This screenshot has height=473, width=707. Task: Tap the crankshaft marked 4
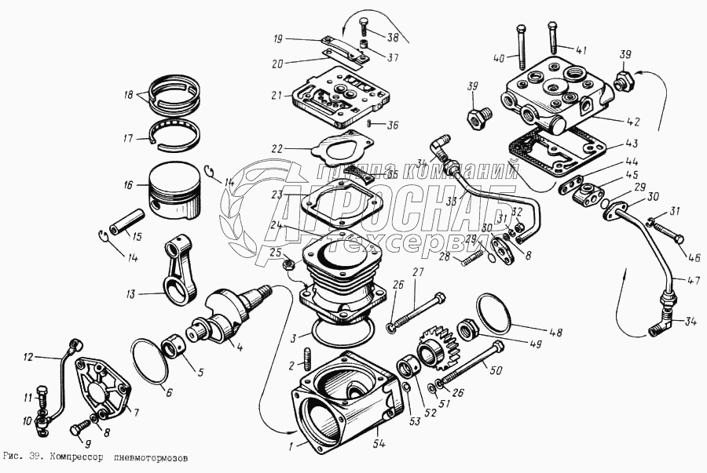click(x=228, y=314)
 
